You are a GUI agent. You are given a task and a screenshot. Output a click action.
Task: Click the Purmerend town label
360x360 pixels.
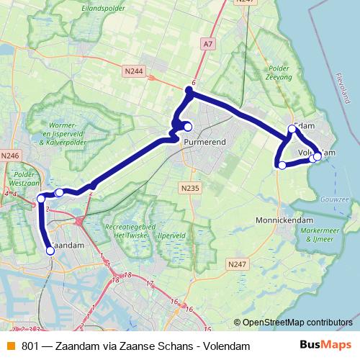tap(204, 142)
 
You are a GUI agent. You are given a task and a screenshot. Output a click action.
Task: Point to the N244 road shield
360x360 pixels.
tap(134, 71)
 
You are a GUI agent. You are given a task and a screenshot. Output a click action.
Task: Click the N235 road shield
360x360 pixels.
tap(189, 187)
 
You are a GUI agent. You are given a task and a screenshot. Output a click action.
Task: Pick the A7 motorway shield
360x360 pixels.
tap(208, 44)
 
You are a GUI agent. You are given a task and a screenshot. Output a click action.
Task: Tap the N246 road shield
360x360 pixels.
tap(11, 155)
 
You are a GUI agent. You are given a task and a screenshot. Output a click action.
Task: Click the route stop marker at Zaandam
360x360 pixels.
tap(50, 251)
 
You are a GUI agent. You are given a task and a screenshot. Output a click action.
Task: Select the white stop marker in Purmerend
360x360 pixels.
tap(188, 127)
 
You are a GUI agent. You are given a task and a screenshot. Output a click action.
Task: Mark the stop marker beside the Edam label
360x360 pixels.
tap(292, 129)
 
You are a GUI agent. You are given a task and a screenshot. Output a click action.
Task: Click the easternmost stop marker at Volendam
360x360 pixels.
tap(317, 156)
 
